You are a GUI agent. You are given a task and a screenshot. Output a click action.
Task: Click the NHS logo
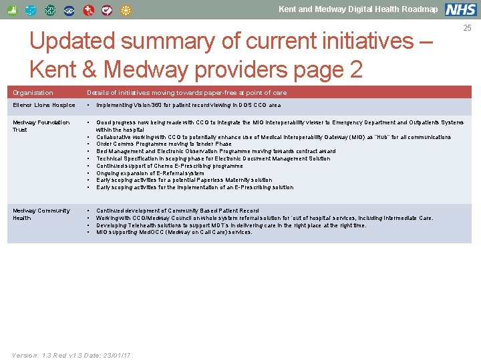coord(461,9)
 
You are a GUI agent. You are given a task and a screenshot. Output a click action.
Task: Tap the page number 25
coord(468,28)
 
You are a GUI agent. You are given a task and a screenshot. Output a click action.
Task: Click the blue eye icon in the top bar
coord(69,11)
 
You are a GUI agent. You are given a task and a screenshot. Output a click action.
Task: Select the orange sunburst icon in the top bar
coord(127,11)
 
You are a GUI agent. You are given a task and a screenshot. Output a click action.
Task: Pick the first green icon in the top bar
coord(12,11)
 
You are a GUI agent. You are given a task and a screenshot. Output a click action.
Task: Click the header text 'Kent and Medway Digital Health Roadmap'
coord(358,9)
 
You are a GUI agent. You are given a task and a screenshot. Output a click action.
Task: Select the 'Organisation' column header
coord(33,93)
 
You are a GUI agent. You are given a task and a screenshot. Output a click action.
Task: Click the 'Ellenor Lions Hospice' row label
coord(44,105)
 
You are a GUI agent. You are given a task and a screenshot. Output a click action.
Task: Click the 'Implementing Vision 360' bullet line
coord(188,105)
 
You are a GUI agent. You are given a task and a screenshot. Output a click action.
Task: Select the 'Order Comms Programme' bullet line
coord(164,144)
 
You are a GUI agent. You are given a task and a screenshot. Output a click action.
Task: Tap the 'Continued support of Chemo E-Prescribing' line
coord(169,166)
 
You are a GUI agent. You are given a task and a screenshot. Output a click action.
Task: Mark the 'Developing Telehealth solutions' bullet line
coord(231,225)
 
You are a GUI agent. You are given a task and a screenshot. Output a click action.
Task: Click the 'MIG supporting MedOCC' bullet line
coord(174,233)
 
